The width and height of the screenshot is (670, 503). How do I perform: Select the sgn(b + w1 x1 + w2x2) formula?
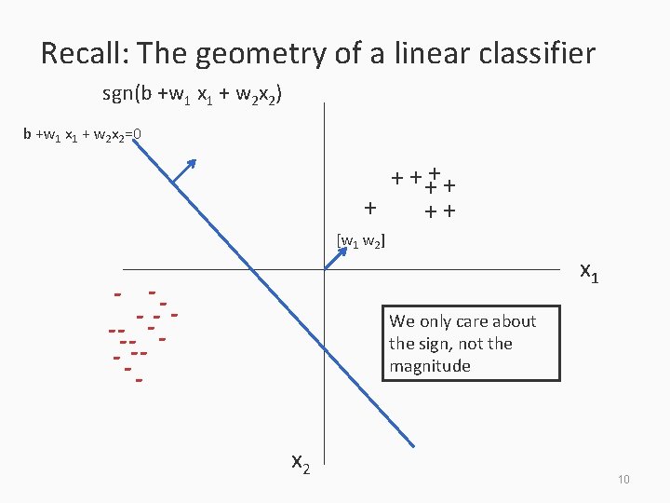194,95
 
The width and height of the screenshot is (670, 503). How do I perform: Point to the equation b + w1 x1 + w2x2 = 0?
82,135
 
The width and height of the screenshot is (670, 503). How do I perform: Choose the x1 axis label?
589,272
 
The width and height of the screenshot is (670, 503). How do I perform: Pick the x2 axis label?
301,461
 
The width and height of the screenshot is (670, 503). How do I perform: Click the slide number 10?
623,479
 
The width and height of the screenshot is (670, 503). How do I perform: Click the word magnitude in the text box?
430,366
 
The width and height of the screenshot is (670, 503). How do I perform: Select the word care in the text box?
470,321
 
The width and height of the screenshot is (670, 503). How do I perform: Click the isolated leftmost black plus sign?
371,207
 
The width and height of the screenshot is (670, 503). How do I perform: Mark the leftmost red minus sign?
112,331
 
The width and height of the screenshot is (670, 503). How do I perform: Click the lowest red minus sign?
139,380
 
